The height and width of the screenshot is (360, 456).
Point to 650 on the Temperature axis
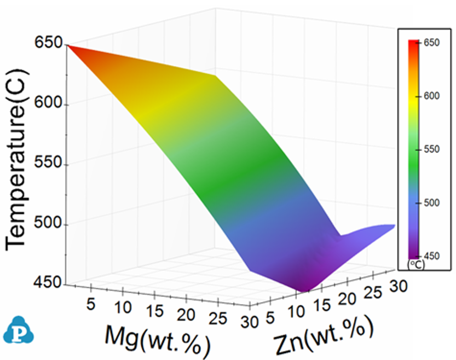click(49, 43)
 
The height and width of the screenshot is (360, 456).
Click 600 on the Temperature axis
click(49, 103)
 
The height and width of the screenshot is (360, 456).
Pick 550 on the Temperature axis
click(49, 164)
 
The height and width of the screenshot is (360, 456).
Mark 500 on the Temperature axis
click(49, 225)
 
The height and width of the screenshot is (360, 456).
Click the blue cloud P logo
click(16, 330)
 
